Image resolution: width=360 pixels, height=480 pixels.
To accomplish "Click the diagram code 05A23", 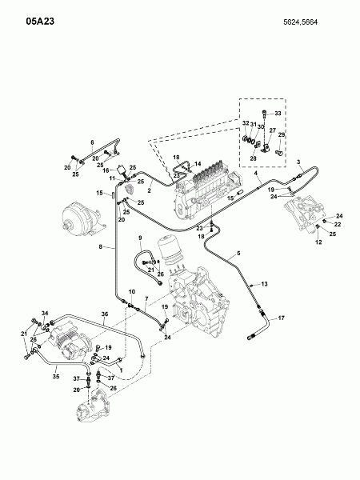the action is click(x=40, y=21).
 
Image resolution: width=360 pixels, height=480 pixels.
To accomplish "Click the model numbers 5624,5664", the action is click(x=300, y=22).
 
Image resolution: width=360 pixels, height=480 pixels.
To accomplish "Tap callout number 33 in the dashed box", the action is click(x=278, y=114).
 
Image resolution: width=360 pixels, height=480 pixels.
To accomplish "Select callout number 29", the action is click(x=282, y=134).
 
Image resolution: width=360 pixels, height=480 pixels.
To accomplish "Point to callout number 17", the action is click(x=282, y=318).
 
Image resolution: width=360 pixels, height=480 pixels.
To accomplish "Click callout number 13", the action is click(x=264, y=284).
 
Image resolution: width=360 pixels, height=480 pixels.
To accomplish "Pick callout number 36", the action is click(x=105, y=314).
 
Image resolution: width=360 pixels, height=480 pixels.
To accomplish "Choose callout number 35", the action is click(x=56, y=376).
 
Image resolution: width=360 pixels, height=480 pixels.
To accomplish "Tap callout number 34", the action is click(x=45, y=313).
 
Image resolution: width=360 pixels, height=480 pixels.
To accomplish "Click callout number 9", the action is click(x=140, y=238).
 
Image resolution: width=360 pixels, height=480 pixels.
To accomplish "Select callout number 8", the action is click(x=101, y=246).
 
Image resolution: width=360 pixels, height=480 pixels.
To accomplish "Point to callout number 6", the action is click(x=92, y=142).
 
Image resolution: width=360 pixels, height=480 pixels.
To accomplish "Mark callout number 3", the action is click(x=298, y=162).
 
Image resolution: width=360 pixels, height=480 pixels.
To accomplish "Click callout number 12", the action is click(x=318, y=242).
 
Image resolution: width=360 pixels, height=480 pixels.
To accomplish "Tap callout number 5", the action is click(x=238, y=253).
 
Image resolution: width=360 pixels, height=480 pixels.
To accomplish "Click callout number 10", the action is click(x=132, y=292).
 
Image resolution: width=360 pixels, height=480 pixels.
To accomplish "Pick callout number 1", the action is click(x=121, y=370).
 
